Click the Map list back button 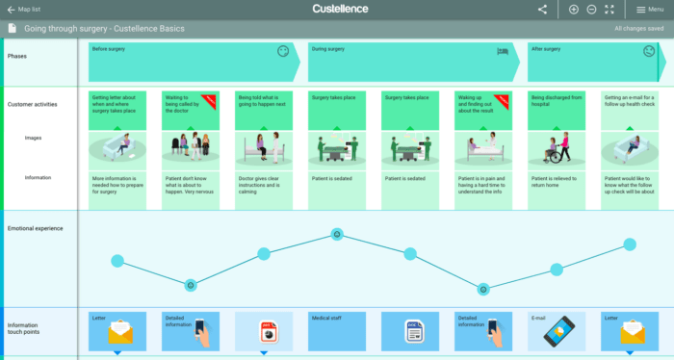[23, 9]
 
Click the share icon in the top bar [542, 9]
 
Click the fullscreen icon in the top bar [609, 9]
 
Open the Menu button [649, 9]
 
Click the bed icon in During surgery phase [502, 51]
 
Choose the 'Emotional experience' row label [35, 228]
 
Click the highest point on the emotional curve [336, 234]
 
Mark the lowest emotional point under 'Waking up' [483, 287]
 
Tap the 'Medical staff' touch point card [336, 330]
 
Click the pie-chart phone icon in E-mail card [557, 333]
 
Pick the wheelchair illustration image [557, 147]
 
